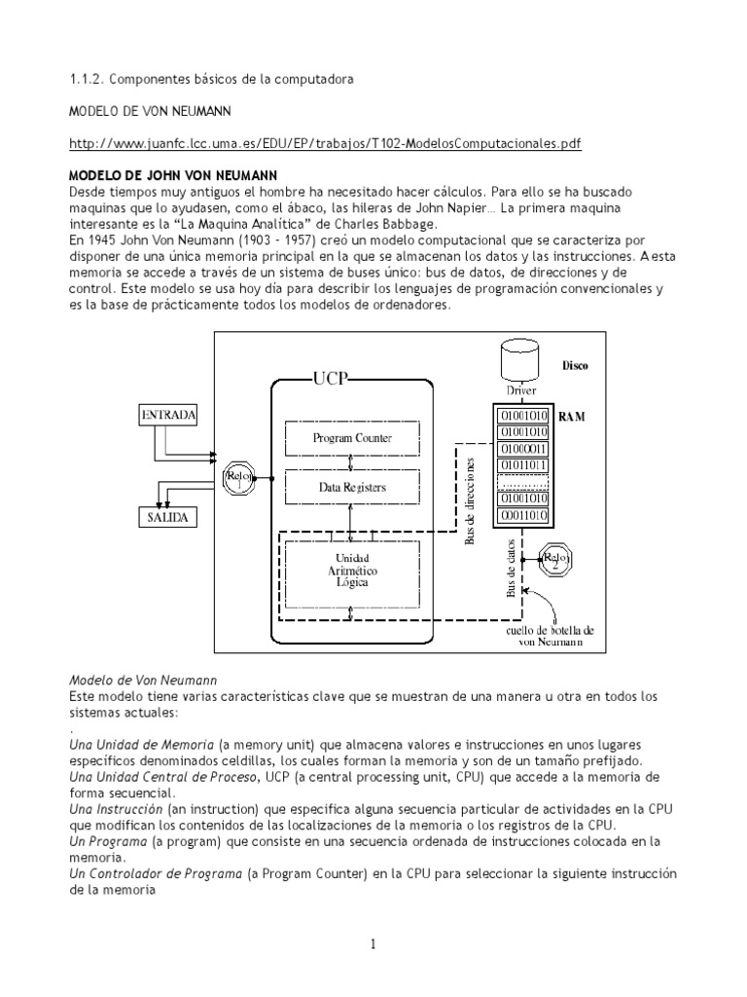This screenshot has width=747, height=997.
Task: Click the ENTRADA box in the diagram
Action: pyautogui.click(x=170, y=414)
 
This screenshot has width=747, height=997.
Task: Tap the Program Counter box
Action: pyautogui.click(x=352, y=438)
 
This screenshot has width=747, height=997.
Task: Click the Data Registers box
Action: pyautogui.click(x=352, y=486)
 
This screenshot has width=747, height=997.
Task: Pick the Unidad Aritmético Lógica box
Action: pyautogui.click(x=352, y=569)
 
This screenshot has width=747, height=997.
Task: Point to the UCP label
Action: pyautogui.click(x=330, y=378)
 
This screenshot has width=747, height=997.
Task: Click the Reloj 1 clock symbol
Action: pyautogui.click(x=237, y=476)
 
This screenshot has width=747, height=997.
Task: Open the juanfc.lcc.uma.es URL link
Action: pyautogui.click(x=325, y=143)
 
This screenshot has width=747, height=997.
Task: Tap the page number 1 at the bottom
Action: pyautogui.click(x=373, y=943)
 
